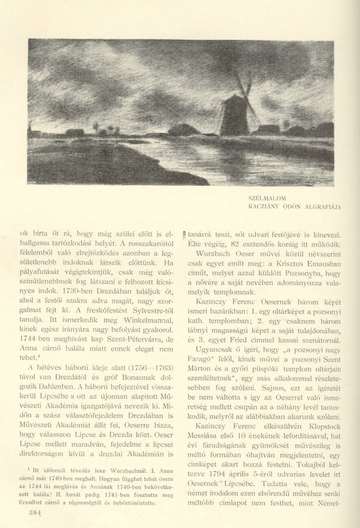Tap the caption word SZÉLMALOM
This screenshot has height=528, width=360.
click(267, 197)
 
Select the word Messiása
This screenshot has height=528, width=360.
click(204, 443)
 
